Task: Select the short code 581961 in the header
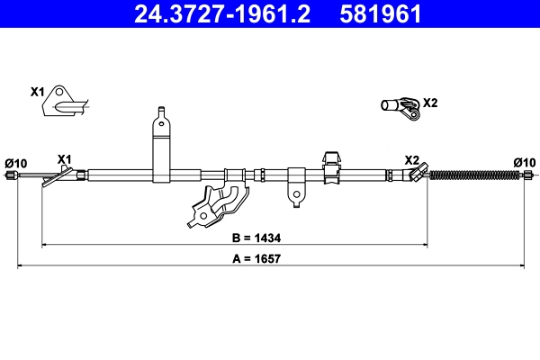coord(378,13)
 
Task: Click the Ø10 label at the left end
coord(16,163)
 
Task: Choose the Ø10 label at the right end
coord(525,162)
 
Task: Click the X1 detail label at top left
coord(37,92)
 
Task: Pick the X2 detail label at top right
coord(430,103)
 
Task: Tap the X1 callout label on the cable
coord(64,159)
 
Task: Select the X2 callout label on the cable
coord(412,159)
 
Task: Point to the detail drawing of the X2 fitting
coord(400,108)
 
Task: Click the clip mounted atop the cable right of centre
coord(330,165)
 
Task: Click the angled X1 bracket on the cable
coord(56,177)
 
